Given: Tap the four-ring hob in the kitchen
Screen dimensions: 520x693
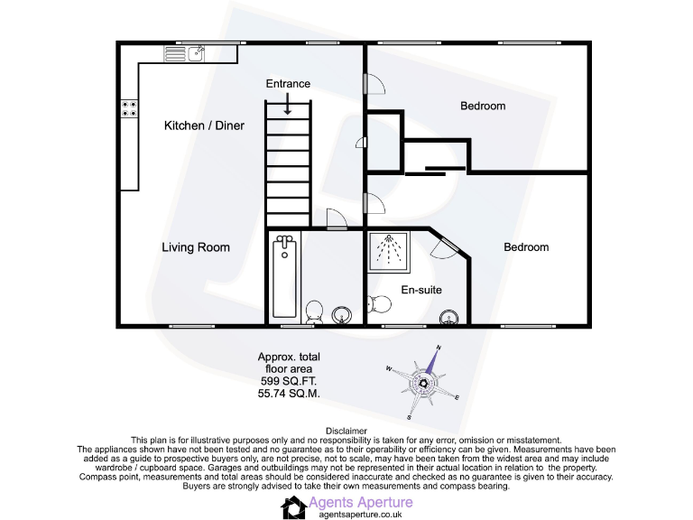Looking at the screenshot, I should tap(130, 108).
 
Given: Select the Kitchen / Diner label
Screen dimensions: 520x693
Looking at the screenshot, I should tap(203, 125).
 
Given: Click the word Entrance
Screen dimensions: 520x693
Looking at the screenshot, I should tap(288, 84).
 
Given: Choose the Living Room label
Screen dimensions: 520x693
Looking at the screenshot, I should tap(195, 247).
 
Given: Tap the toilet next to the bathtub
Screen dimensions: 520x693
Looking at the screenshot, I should tap(313, 312).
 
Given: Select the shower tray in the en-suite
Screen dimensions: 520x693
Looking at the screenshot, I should tap(390, 250).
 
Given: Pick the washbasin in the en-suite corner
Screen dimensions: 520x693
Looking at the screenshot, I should tap(448, 316).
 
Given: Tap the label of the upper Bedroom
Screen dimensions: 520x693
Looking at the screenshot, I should tap(483, 107).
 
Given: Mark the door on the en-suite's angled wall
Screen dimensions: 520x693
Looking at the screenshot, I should tap(448, 246).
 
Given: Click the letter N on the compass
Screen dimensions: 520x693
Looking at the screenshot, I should tap(439, 348).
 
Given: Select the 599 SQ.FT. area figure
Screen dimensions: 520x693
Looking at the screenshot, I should tap(288, 382).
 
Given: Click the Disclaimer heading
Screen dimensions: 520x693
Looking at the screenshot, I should tap(346, 432).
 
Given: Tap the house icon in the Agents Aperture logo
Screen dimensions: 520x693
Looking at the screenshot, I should tap(294, 507).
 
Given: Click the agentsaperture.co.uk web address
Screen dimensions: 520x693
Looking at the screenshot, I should tap(360, 514).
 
